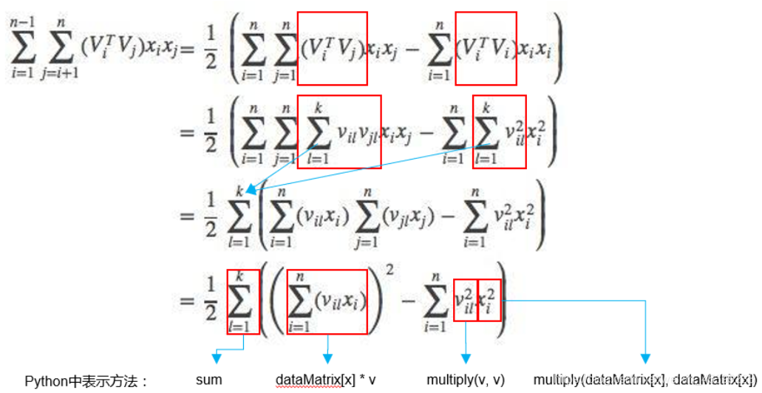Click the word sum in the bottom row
click(208, 380)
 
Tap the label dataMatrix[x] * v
click(326, 380)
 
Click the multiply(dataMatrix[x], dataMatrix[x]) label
click(643, 380)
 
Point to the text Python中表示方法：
click(88, 381)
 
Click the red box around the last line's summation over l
click(243, 301)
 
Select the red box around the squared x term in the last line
click(489, 299)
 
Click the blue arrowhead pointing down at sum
click(217, 359)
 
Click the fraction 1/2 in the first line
click(211, 51)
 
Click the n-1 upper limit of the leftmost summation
click(22, 24)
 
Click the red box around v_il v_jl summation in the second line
click(339, 131)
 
